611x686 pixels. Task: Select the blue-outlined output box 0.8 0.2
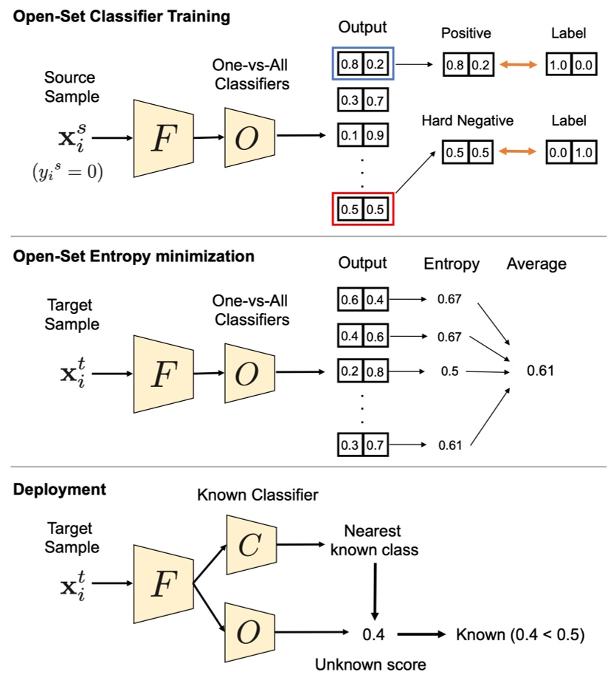pyautogui.click(x=362, y=65)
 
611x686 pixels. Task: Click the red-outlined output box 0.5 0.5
pyautogui.click(x=362, y=207)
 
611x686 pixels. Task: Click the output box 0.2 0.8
pyautogui.click(x=362, y=371)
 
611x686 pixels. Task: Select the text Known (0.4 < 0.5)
pyautogui.click(x=520, y=634)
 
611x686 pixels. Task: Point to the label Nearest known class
pyautogui.click(x=382, y=541)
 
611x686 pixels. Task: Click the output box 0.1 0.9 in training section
pyautogui.click(x=362, y=135)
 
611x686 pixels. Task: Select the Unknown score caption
pyautogui.click(x=370, y=665)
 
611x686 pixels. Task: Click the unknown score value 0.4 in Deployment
pyautogui.click(x=373, y=634)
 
